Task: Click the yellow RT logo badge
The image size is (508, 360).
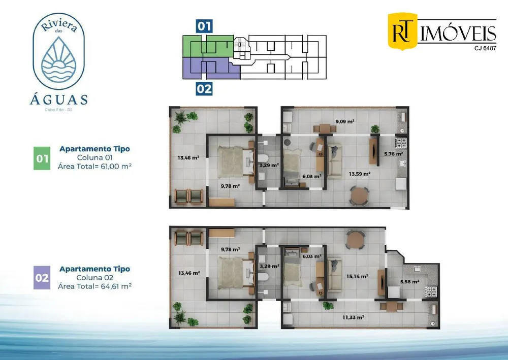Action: [x=403, y=31]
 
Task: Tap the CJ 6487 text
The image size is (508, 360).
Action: [x=485, y=48]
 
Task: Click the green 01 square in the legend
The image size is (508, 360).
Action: [x=42, y=158]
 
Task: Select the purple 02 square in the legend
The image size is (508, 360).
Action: [x=42, y=278]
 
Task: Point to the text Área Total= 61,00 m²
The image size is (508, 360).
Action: [x=94, y=167]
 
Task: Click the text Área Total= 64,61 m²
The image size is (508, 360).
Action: [x=94, y=286]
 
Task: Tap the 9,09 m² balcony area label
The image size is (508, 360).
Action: [x=345, y=122]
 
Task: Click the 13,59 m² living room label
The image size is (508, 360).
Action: [x=360, y=174]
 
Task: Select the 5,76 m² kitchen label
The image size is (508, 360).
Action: [x=394, y=154]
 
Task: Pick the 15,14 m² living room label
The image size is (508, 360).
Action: [x=357, y=277]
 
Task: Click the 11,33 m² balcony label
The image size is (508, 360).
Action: [x=353, y=317]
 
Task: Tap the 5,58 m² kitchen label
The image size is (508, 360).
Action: [x=410, y=282]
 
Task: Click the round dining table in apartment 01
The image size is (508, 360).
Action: [x=359, y=195]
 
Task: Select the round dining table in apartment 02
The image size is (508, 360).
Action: [x=356, y=240]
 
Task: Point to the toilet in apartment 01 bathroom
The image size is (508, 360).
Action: [x=263, y=158]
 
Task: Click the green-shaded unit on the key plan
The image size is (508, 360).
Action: [x=208, y=46]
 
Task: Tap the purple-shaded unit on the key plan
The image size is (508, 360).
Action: [x=211, y=69]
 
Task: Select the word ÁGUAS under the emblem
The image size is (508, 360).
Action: [x=58, y=100]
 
